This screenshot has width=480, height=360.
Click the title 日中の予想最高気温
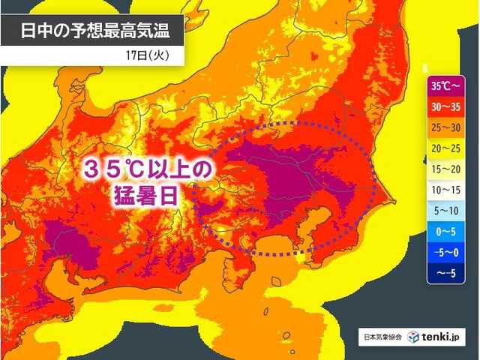pyautogui.click(x=91, y=31)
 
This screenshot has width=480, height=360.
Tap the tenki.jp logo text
pyautogui.click(x=442, y=338)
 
